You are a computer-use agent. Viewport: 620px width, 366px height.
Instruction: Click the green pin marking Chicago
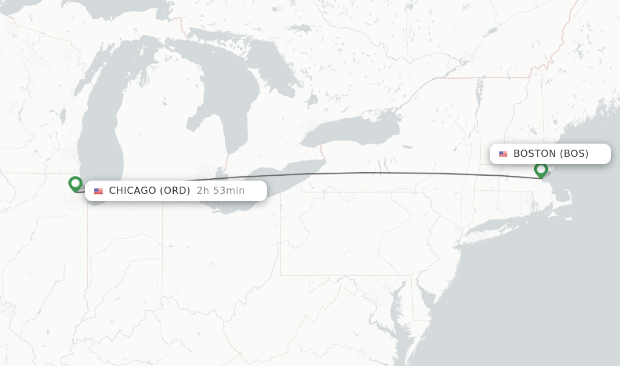click(x=75, y=183)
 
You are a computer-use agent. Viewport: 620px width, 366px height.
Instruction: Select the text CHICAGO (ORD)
click(x=150, y=191)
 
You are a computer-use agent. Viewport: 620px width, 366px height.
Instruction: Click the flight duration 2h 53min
click(x=220, y=191)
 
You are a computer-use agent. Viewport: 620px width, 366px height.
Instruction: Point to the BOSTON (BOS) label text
click(x=550, y=154)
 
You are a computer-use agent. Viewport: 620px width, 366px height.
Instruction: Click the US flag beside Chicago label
click(x=99, y=191)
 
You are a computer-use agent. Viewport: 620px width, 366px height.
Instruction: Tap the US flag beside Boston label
click(x=503, y=155)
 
